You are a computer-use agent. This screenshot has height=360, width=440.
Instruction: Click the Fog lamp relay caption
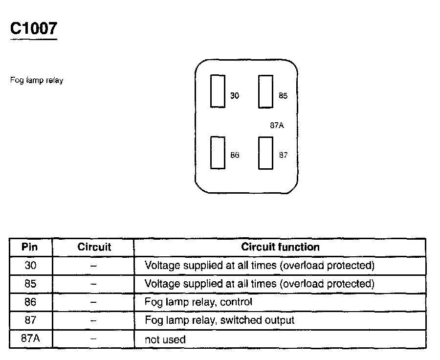37,80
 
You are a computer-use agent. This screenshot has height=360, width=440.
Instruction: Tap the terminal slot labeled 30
218,91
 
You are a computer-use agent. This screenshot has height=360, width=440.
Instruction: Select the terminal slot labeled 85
265,91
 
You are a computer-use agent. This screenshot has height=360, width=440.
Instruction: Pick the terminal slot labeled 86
218,152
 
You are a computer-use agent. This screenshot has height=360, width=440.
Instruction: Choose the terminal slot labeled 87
265,153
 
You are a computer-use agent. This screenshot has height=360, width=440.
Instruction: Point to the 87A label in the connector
277,125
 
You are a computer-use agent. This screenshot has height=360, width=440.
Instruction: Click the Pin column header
30,247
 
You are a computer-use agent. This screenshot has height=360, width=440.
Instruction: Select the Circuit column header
94,247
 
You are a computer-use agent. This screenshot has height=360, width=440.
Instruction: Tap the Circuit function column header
280,247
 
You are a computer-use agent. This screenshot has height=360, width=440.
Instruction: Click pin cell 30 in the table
30,266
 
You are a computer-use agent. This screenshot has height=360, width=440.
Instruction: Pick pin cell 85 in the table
30,284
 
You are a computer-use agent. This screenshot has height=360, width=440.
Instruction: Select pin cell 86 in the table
30,302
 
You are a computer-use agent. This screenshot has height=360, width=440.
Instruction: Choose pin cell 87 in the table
30,320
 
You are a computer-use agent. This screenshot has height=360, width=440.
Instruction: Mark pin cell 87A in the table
30,338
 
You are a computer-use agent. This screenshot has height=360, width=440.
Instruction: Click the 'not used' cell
165,339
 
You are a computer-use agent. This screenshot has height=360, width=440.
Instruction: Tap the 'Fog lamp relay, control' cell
198,302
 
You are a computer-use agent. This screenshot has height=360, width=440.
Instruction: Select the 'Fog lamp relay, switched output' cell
220,320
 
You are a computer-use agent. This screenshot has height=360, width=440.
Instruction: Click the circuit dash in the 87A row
94,338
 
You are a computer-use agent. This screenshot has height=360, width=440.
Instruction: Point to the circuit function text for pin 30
260,266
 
